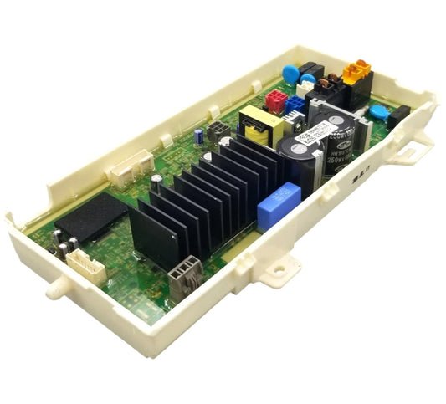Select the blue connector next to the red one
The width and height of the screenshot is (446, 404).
point(295,104)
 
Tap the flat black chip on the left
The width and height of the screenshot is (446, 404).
point(90,217)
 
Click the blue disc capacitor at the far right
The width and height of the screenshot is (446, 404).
point(377,113)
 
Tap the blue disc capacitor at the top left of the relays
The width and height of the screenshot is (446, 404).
point(290,73)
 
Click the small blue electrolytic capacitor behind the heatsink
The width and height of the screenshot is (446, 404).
point(198,136)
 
